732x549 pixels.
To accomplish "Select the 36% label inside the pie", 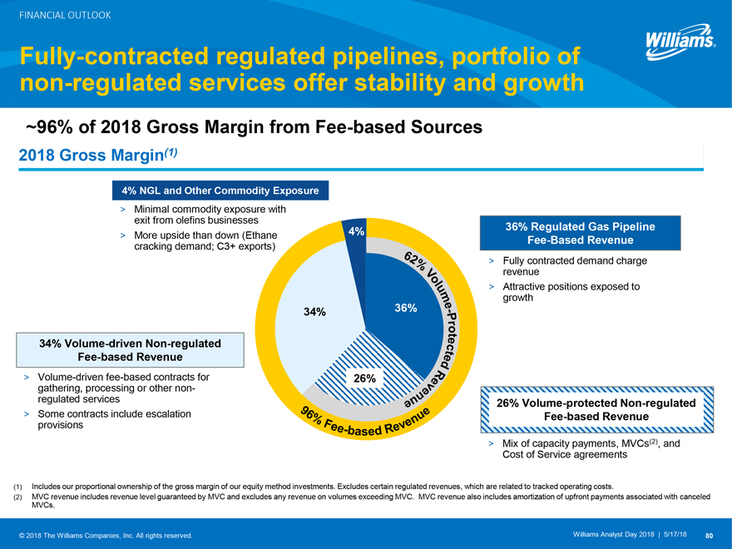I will tap(405, 308).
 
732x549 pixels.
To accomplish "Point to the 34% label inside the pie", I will tap(314, 312).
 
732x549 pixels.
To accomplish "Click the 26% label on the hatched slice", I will tap(365, 378).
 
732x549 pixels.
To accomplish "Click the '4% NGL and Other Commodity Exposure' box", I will tap(220, 190).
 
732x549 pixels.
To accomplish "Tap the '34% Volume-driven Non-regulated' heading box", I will tap(131, 349).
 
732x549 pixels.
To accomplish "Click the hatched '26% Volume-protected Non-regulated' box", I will tap(596, 409).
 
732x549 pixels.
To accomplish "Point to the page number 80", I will tap(709, 534).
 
